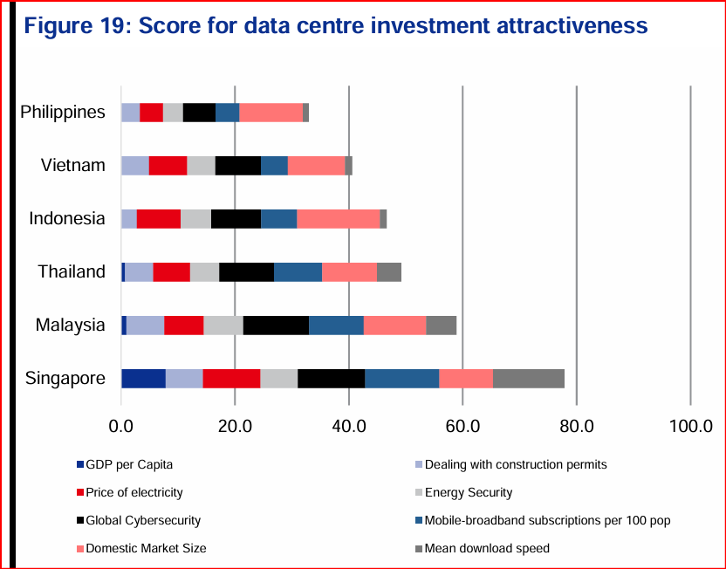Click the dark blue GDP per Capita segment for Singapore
[x=143, y=378]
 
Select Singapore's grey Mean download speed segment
[x=529, y=378]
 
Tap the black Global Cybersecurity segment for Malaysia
[x=276, y=325]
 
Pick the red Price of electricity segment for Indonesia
[x=159, y=218]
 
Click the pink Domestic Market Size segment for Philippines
[x=271, y=113]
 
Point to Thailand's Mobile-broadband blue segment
[x=298, y=271]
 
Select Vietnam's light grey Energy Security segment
[x=201, y=165]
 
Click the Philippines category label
[x=63, y=112]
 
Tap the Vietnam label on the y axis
[x=73, y=165]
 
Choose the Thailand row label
[x=72, y=271]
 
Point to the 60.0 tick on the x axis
[x=462, y=426]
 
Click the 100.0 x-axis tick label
[x=690, y=426]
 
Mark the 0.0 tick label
[x=121, y=426]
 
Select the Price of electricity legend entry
[x=134, y=492]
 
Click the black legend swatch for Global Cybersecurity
[x=80, y=521]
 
